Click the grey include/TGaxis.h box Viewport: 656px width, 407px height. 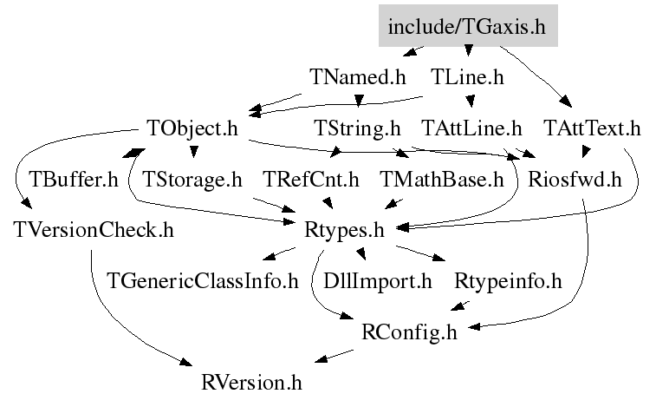[x=468, y=25]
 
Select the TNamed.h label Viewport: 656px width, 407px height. [x=358, y=77]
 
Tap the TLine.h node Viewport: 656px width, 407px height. [x=467, y=77]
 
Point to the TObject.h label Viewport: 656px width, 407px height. [x=192, y=128]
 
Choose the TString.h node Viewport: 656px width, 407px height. [x=357, y=128]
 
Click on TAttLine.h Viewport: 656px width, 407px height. [x=472, y=128]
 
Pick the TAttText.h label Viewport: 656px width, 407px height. [x=592, y=128]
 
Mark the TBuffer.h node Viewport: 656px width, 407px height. [x=74, y=180]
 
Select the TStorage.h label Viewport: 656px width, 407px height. [x=192, y=180]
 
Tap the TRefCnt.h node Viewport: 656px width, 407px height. [x=311, y=180]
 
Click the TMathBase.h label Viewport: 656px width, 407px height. [x=441, y=180]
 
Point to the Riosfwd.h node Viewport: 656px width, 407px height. [x=575, y=180]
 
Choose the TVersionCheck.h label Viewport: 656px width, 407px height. [x=94, y=230]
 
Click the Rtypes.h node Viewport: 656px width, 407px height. [x=344, y=231]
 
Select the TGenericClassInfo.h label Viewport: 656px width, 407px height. [x=203, y=281]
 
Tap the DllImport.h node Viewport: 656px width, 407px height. [x=377, y=281]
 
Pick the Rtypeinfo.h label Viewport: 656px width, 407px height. [x=508, y=281]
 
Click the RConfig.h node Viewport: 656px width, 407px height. [x=409, y=332]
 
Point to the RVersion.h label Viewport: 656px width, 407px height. [x=251, y=383]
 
